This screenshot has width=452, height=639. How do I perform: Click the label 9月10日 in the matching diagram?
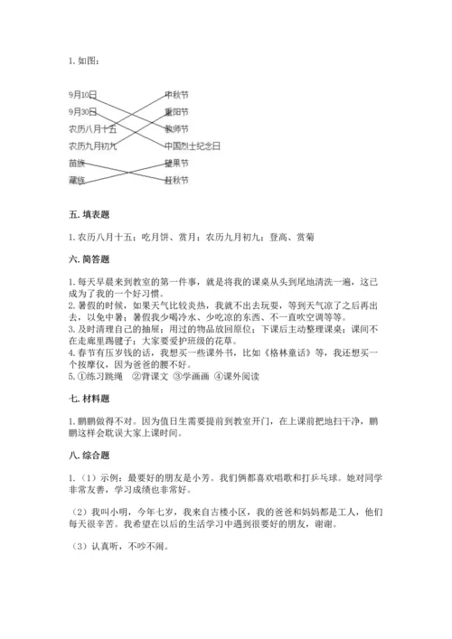82,94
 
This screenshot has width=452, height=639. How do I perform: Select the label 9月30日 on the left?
82,111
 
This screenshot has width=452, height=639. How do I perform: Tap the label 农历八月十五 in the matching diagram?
91,128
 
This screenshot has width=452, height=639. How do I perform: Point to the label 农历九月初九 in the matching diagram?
91,145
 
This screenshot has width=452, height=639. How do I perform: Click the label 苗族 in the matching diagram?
78,164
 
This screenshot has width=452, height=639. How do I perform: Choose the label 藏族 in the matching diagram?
78,181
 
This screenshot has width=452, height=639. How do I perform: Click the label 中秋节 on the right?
176,94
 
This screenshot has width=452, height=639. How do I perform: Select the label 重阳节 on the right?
176,111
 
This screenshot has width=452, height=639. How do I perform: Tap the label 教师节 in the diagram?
176,128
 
